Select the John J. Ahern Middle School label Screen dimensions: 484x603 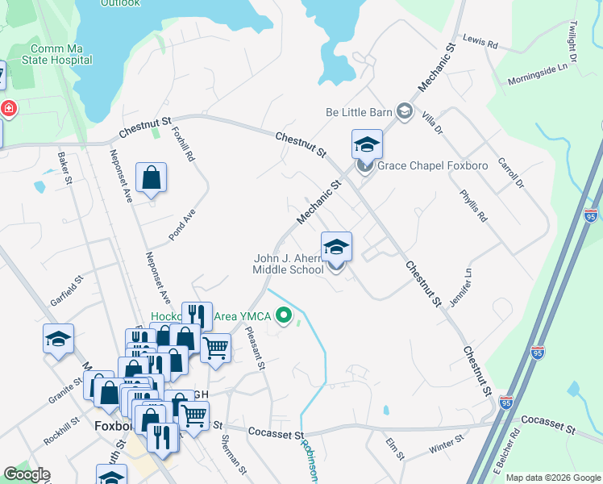tap(289, 264)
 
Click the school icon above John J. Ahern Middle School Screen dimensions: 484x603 tap(336, 248)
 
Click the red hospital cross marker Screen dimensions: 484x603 tap(8, 108)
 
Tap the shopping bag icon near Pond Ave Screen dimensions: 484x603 tap(151, 177)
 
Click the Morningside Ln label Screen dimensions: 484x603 tap(538, 77)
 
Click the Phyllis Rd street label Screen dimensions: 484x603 tap(473, 206)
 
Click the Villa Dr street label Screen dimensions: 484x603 tap(433, 123)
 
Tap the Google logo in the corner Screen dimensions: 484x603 tap(27, 474)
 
